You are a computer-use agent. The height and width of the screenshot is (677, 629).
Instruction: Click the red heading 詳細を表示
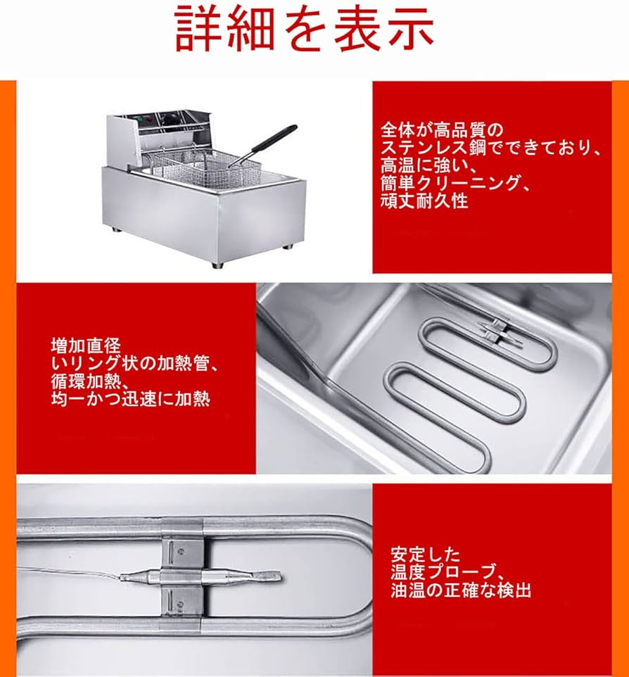(305, 30)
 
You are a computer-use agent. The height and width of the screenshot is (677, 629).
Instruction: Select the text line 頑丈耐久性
(424, 201)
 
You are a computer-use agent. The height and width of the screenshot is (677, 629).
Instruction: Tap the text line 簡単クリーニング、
(455, 184)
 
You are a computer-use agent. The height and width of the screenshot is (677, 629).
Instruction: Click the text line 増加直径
(86, 346)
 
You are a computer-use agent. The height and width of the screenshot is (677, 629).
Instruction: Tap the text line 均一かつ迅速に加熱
(130, 399)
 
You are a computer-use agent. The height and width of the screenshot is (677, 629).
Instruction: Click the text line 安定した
(425, 554)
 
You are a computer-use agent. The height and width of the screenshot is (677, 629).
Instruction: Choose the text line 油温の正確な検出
(461, 590)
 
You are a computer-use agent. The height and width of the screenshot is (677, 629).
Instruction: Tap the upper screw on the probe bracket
(182, 551)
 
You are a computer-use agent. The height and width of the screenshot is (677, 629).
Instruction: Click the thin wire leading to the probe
(68, 571)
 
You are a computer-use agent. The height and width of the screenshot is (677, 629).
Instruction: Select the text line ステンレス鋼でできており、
(491, 147)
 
